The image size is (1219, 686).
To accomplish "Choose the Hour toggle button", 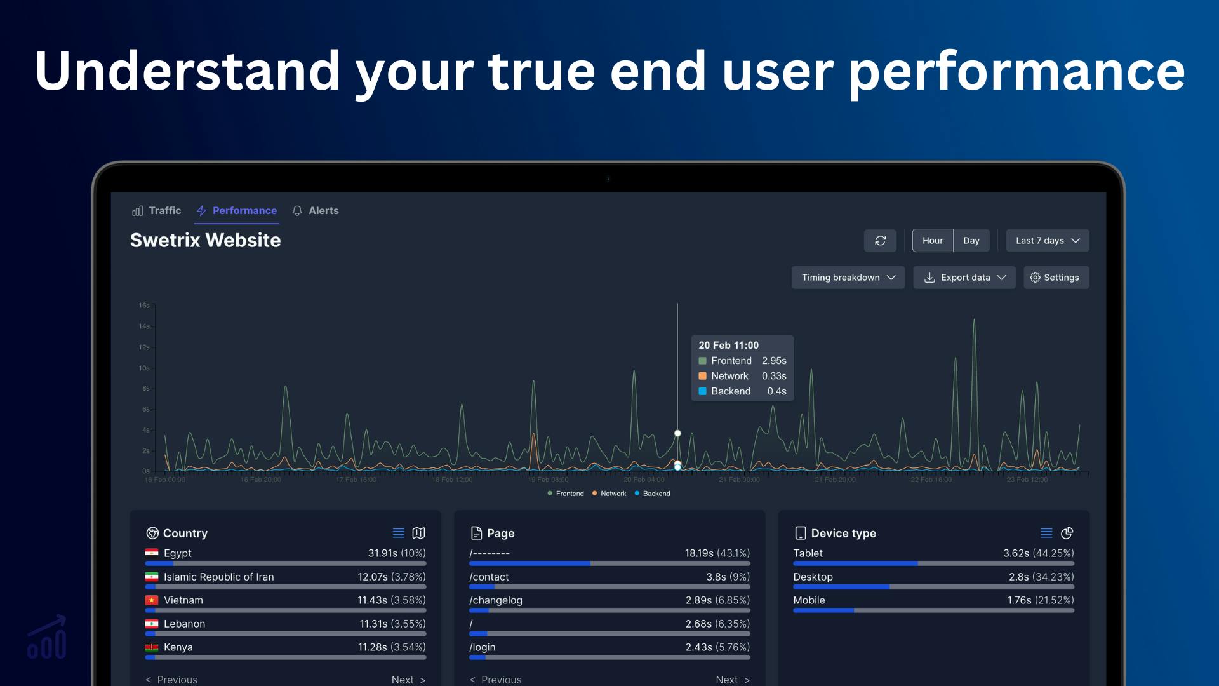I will (932, 241).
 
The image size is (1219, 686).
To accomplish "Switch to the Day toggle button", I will (971, 241).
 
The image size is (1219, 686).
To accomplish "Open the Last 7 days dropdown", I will (1047, 241).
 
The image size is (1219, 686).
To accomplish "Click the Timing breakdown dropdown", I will (848, 278).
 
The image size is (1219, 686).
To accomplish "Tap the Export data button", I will (964, 278).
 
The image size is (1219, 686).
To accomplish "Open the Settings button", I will (1055, 278).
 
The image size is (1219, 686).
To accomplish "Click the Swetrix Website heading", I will (205, 240).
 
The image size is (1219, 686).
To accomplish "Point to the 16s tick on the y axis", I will (144, 306).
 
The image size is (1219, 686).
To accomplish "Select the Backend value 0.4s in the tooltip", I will (776, 391).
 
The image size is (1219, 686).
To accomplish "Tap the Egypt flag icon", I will (152, 553).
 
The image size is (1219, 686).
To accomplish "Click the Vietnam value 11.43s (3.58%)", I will (391, 600).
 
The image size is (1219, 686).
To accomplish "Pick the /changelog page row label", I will (496, 600).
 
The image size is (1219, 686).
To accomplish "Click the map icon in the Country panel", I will (418, 533).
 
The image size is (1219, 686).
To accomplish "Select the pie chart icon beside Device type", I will (1067, 533).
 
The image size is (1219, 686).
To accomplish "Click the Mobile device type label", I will (809, 600).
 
